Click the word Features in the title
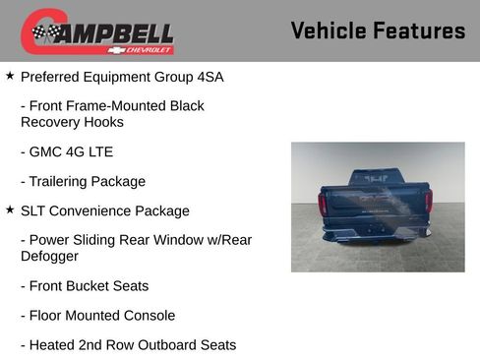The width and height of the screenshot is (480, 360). pyautogui.click(x=420, y=30)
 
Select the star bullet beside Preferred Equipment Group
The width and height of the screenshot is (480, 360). pyautogui.click(x=10, y=75)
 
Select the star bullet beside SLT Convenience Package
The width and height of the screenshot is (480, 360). pyautogui.click(x=10, y=210)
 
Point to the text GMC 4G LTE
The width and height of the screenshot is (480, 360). pyautogui.click(x=72, y=151)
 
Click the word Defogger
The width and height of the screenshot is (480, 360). pyautogui.click(x=49, y=256)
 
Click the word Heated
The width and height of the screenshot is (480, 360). pyautogui.click(x=58, y=345)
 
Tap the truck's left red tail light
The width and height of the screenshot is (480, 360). pyautogui.click(x=323, y=204)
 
